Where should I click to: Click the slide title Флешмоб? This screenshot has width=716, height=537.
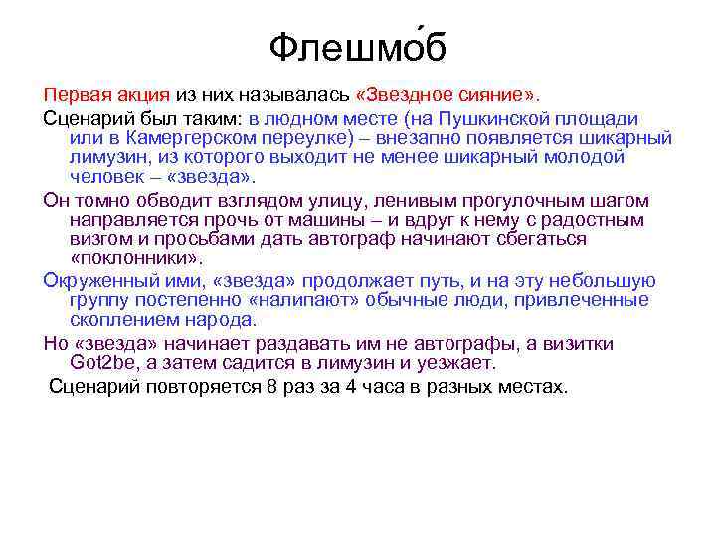(358, 44)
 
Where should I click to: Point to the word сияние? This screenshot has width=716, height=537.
(504, 95)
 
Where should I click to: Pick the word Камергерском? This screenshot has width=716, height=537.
(189, 137)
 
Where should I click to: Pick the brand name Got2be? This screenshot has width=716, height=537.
(104, 364)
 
